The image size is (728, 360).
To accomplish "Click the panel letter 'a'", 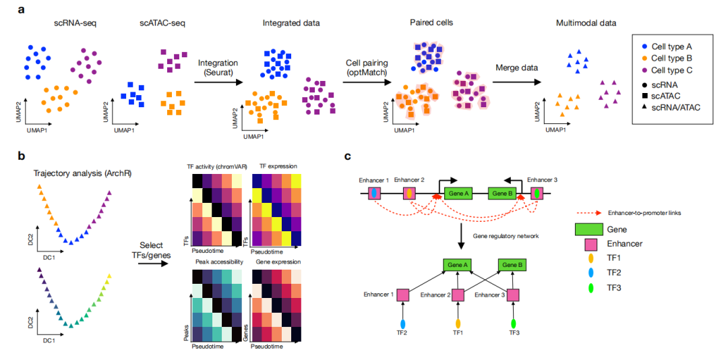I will [22, 9].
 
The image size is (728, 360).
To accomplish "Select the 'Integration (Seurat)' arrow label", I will [218, 68].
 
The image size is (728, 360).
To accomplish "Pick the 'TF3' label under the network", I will [514, 332].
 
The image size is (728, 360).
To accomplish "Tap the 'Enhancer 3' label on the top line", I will [543, 179].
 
